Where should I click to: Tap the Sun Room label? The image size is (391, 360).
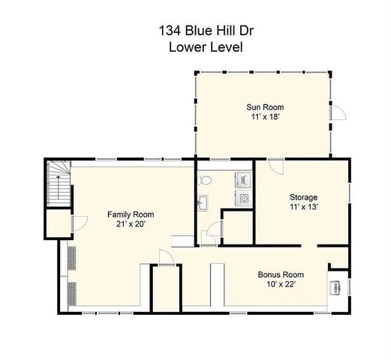coord(266,107)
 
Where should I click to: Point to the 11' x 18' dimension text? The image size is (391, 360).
coord(266,118)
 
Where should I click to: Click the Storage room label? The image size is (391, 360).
coord(304,197)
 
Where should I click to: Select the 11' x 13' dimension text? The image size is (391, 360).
coord(304,208)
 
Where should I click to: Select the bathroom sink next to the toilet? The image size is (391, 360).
coord(203,202)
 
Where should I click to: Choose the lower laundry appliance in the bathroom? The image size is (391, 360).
coord(244,197)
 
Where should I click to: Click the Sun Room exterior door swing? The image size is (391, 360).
coord(338,112)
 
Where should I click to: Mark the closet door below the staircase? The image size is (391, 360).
coord(73,222)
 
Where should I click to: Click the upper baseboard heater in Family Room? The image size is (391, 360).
coord(72,257)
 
